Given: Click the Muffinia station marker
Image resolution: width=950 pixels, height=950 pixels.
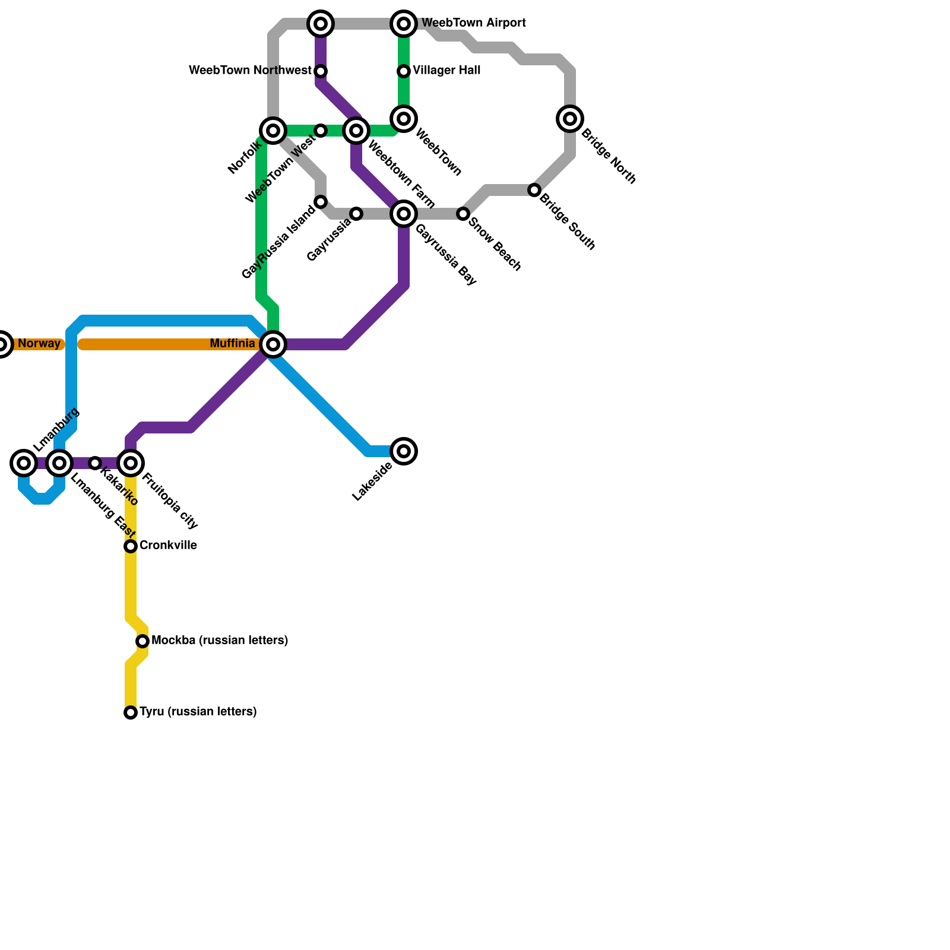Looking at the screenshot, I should click(x=273, y=344).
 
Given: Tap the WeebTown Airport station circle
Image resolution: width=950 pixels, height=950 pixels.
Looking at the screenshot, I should click(x=404, y=24).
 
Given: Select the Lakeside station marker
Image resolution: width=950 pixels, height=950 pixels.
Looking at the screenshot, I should click(x=404, y=451).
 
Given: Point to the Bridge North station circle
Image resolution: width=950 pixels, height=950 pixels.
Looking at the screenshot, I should click(x=570, y=119).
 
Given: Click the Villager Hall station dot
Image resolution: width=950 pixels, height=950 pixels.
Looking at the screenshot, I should click(x=404, y=71).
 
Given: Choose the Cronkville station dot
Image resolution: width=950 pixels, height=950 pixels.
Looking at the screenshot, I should click(x=131, y=546).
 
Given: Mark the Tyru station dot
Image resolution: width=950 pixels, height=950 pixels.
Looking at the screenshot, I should click(x=131, y=712).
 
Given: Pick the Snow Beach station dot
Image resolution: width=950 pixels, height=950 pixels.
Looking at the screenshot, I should click(x=463, y=214).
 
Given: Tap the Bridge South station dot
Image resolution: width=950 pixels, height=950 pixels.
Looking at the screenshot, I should click(x=534, y=190).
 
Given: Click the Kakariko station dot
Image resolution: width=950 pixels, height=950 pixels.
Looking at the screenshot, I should click(x=95, y=463).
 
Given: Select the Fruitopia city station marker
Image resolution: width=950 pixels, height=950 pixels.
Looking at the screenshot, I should click(x=131, y=463).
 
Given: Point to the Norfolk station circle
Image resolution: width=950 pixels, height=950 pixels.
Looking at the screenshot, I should click(x=273, y=131).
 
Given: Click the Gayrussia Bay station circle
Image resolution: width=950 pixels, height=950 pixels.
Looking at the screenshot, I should click(x=404, y=214).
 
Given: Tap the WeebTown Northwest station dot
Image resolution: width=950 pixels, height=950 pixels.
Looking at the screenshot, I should click(x=321, y=71).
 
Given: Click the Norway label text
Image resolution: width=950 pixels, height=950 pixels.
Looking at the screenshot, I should click(x=39, y=344).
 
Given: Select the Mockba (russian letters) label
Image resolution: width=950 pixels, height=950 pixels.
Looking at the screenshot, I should click(x=220, y=641).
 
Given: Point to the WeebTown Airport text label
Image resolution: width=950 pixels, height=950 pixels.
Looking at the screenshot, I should click(x=473, y=23).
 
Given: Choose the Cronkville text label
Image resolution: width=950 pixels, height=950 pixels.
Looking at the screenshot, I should click(x=168, y=546).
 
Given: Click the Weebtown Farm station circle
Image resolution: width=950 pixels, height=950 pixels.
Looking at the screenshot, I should click(x=356, y=131).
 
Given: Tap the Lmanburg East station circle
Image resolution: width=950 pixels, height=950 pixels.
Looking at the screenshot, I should click(x=59, y=463).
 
